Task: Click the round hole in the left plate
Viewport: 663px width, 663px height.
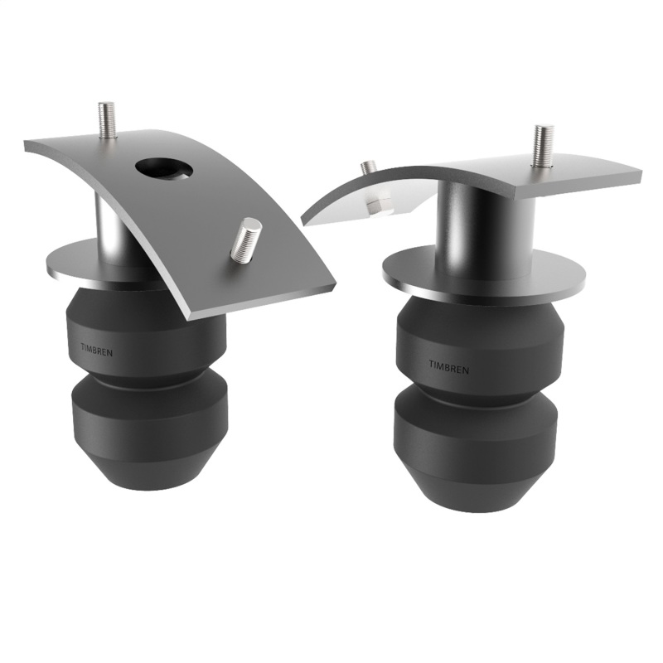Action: (x=163, y=168)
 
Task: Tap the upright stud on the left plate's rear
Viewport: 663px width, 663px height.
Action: (x=106, y=120)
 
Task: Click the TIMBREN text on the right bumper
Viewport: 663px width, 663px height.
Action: (x=448, y=365)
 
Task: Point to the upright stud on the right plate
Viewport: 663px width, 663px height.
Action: (x=543, y=146)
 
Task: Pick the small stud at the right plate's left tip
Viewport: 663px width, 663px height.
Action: (x=368, y=168)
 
